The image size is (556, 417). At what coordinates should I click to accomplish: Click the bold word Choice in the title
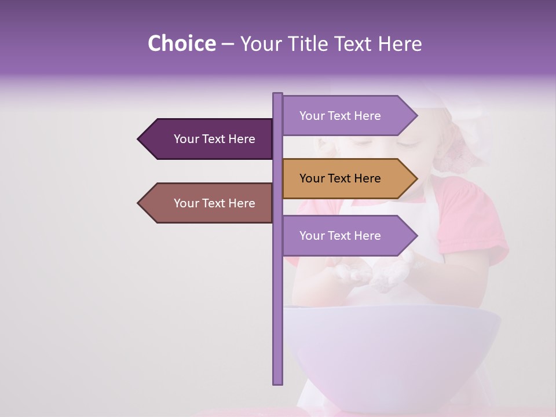181,43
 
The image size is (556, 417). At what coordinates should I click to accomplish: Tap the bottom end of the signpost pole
277,382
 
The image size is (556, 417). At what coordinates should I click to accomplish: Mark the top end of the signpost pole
277,94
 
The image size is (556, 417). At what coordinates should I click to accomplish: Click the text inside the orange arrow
340,178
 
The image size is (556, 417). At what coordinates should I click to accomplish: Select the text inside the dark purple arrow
214,139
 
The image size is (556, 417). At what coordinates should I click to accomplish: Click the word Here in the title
400,43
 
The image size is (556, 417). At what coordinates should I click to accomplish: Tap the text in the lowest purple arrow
340,236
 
